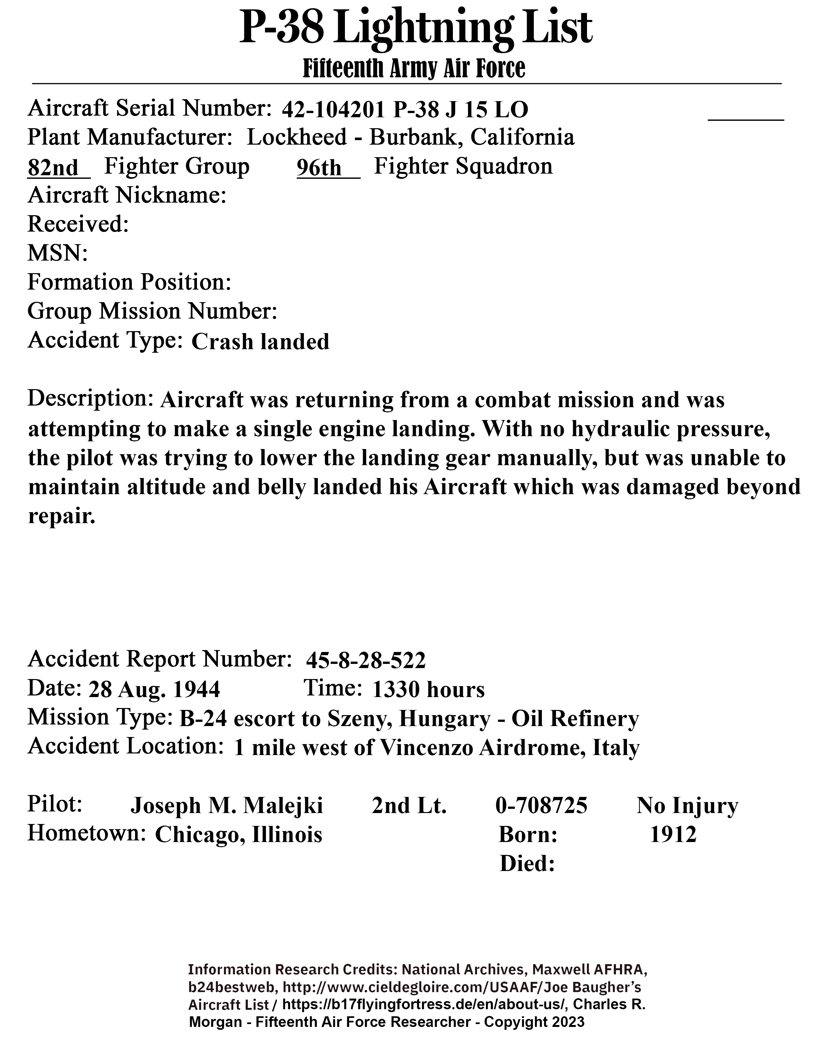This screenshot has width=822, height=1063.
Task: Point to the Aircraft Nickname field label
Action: (127, 196)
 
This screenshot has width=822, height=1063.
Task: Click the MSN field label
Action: (57, 253)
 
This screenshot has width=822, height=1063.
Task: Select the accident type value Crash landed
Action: (260, 342)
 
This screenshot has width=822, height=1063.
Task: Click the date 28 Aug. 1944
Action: (154, 690)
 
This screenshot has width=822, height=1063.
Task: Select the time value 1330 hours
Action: (428, 690)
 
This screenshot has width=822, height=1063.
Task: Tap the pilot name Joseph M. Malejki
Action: (226, 806)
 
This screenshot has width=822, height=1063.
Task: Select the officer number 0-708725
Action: (541, 806)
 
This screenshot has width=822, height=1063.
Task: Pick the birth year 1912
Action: (673, 835)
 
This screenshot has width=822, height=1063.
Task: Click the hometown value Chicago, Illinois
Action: (239, 835)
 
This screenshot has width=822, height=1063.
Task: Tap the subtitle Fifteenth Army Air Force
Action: (414, 69)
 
